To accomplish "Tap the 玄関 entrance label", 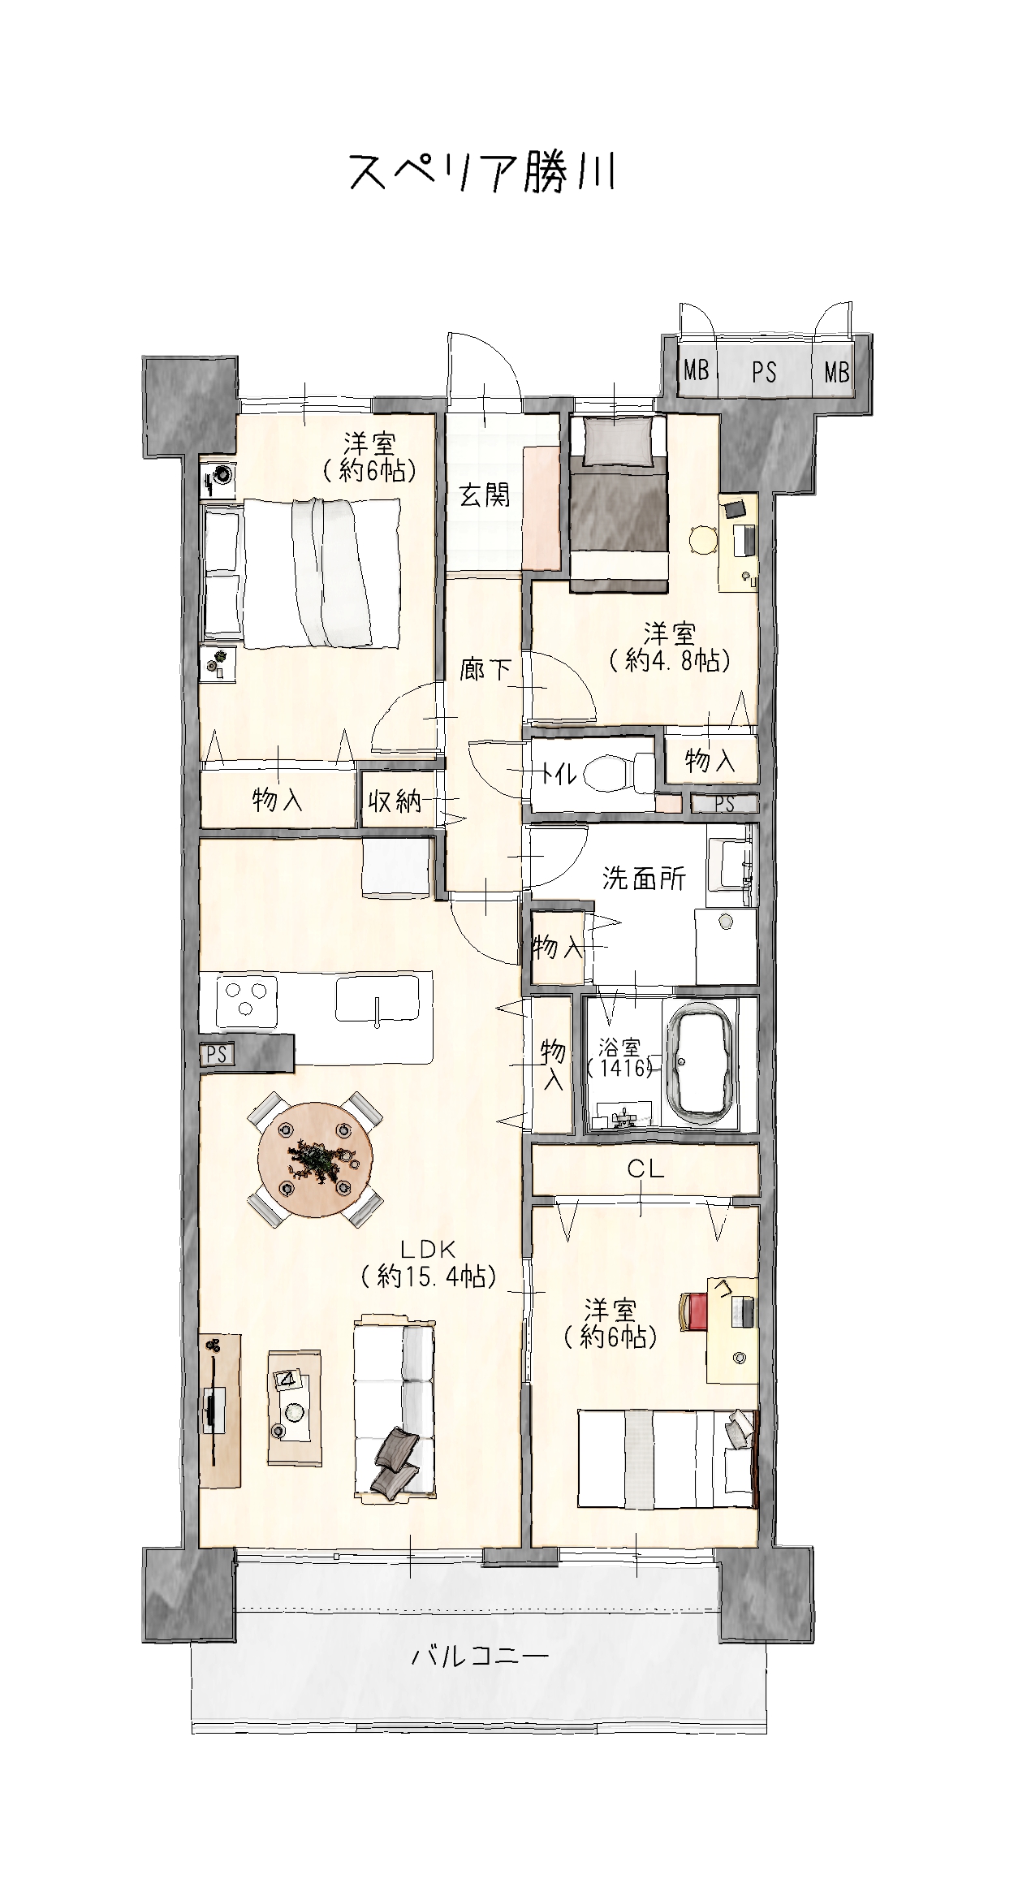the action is (485, 495).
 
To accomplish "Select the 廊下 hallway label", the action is (485, 669).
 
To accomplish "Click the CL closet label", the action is (645, 1169).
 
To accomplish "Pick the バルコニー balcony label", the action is (480, 1656).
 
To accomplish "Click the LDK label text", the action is (429, 1249).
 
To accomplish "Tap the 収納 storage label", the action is (395, 801).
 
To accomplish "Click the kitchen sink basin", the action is (378, 999).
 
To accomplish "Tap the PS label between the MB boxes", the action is (764, 373).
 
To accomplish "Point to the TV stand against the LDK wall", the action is (220, 1410).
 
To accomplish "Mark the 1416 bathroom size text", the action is (622, 1068).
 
